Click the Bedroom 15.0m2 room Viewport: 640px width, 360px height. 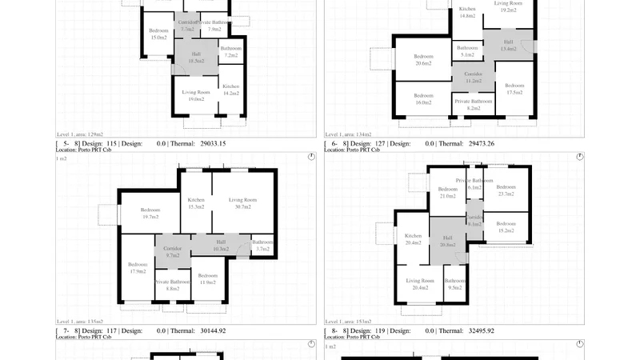158,34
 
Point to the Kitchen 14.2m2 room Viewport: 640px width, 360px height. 231,89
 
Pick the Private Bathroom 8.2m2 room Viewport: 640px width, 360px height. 473,104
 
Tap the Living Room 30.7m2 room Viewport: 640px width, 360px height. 242,202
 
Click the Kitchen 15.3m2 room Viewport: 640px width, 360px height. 196,203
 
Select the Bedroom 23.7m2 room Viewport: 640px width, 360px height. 506,190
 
